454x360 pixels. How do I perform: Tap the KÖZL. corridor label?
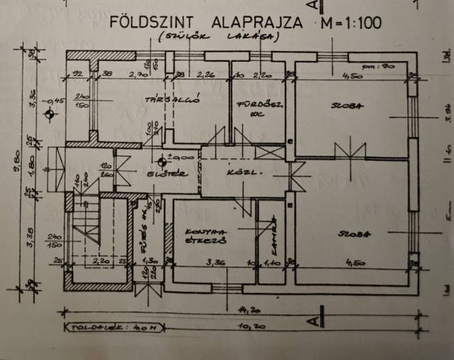239,171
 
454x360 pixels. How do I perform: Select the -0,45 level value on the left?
53,100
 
